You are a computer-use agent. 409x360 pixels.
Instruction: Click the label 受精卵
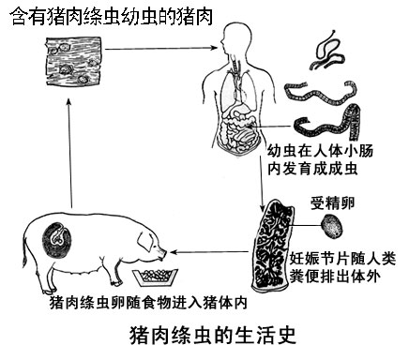(x=331, y=202)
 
